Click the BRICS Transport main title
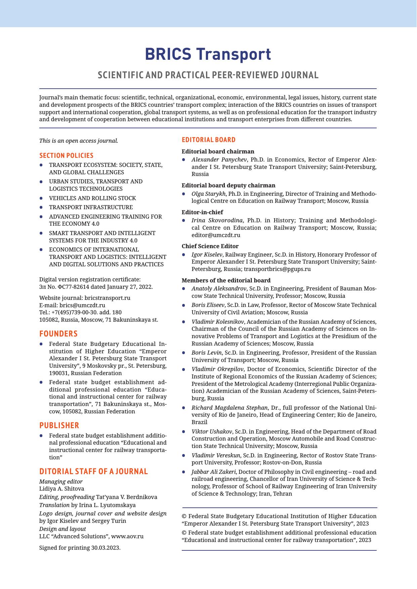(208, 54)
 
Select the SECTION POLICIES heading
(66, 155)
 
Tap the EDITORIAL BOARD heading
(208, 140)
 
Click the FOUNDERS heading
(58, 334)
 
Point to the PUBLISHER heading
(59, 425)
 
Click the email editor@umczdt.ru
(216, 235)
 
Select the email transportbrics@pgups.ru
(277, 269)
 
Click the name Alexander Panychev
(219, 160)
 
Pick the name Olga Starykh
(208, 194)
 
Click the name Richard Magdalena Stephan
(230, 408)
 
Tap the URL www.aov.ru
(127, 536)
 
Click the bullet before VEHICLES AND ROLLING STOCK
(41, 198)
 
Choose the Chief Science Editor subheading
(210, 246)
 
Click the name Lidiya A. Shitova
(62, 489)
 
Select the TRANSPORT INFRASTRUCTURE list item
(91, 208)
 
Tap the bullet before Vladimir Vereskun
(183, 456)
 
